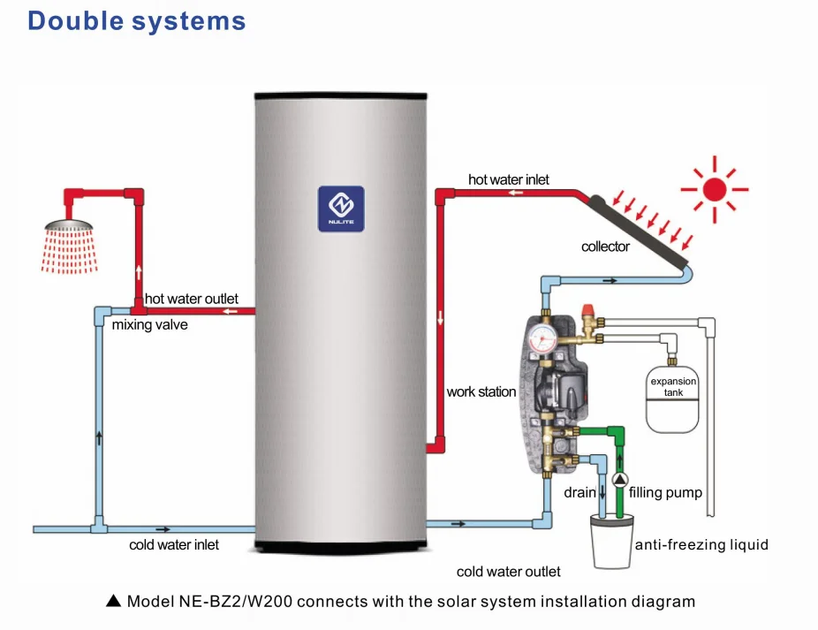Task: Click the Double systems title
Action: point(137,20)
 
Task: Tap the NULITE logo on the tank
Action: point(341,209)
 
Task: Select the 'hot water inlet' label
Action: point(508,179)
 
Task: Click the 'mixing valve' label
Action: point(149,325)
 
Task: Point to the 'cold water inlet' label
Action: point(174,545)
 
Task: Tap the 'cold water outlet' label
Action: point(508,572)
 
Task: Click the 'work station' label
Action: point(481,391)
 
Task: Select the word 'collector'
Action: point(605,247)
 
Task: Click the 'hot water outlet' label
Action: point(192,300)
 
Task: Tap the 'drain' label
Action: point(579,492)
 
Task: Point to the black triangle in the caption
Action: point(112,602)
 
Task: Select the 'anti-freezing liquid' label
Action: point(701,544)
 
